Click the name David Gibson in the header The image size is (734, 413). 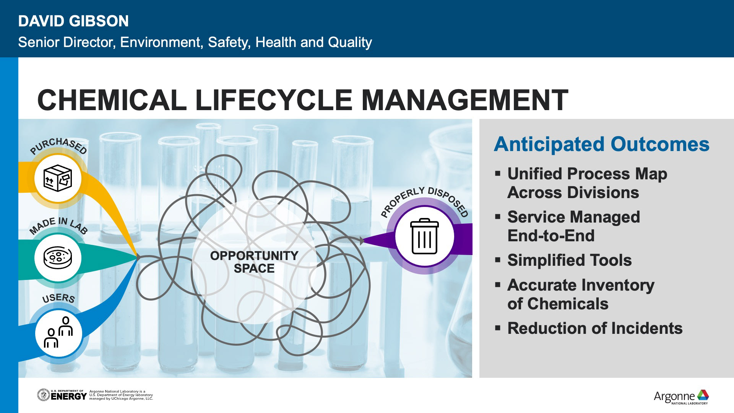73,21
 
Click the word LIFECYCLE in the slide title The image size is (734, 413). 273,100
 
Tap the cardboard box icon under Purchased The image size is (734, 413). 58,178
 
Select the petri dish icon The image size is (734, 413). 58,257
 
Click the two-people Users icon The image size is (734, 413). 58,332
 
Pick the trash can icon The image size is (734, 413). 424,236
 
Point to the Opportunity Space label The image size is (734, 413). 254,262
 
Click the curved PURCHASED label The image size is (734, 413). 58,146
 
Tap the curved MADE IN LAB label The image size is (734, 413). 58,225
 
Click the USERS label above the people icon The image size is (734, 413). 58,298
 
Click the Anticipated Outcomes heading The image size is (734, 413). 601,145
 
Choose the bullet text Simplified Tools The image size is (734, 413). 569,260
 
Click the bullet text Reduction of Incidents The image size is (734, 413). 594,328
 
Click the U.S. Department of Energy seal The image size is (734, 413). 43,395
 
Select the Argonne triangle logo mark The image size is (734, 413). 703,395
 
